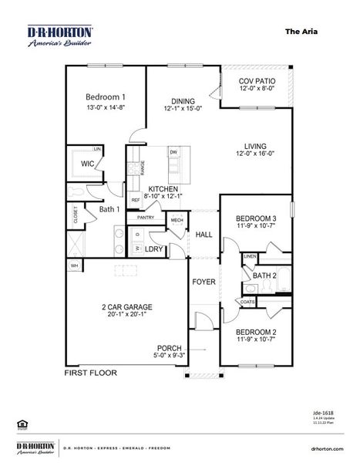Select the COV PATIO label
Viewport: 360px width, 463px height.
pos(257,81)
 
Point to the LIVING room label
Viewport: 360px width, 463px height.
pos(255,146)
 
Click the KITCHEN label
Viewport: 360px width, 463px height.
pos(163,189)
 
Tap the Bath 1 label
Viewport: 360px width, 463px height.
pos(109,208)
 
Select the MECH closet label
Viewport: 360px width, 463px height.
pos(177,221)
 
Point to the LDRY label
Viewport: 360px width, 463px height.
pos(153,248)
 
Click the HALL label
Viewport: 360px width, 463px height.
pos(204,235)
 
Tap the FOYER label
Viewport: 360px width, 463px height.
pos(204,282)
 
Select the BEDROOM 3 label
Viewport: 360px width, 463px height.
pos(255,218)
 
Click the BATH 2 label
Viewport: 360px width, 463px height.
pos(264,275)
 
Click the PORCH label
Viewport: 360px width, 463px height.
pos(169,347)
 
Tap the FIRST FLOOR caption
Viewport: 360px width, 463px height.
pos(90,372)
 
